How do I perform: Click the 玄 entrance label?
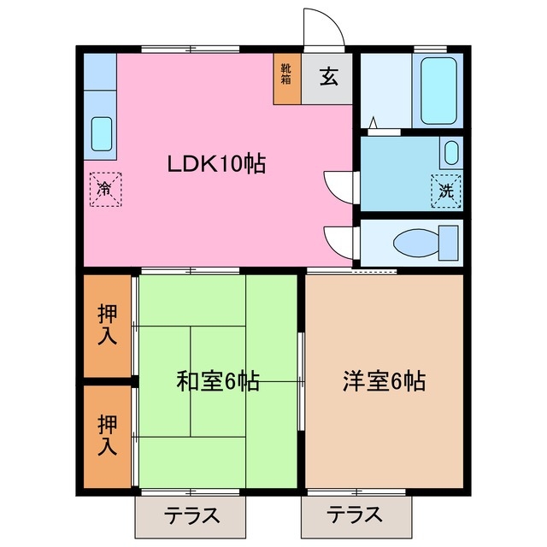pyautogui.click(x=329, y=78)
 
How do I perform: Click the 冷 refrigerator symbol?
pyautogui.click(x=105, y=186)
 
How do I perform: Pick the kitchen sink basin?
pyautogui.click(x=101, y=132)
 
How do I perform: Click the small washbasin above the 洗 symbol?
pyautogui.click(x=450, y=154)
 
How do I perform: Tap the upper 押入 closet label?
pyautogui.click(x=107, y=325)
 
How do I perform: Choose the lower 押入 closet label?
pyautogui.click(x=107, y=434)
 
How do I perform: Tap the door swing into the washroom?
pyautogui.click(x=339, y=184)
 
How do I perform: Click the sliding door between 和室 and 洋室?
pyautogui.click(x=301, y=376)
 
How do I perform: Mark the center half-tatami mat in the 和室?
pyautogui.click(x=218, y=381)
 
